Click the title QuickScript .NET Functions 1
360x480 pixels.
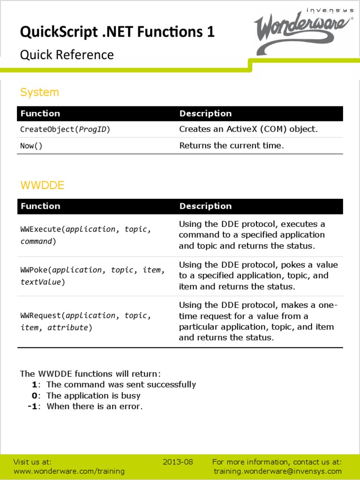pyautogui.click(x=117, y=32)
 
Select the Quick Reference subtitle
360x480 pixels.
pyautogui.click(x=67, y=55)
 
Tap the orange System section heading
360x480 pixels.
pyautogui.click(x=39, y=92)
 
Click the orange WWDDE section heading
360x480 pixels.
pyautogui.click(x=42, y=185)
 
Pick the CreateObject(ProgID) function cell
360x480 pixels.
pyautogui.click(x=65, y=129)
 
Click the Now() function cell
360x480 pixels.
pyautogui.click(x=31, y=146)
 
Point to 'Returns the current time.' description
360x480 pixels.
pyautogui.click(x=232, y=145)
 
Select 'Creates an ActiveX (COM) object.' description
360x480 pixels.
pyautogui.click(x=248, y=129)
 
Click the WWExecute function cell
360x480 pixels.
pyautogui.click(x=85, y=235)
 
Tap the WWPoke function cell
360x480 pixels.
pyautogui.click(x=92, y=276)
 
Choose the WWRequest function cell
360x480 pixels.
pyautogui.click(x=85, y=322)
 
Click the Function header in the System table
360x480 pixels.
pyautogui.click(x=40, y=113)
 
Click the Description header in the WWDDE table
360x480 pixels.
pyautogui.click(x=205, y=206)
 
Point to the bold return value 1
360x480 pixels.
pyautogui.click(x=34, y=385)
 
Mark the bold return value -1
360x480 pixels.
pyautogui.click(x=32, y=406)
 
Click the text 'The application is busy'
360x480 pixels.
pyautogui.click(x=93, y=396)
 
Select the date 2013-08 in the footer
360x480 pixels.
pyautogui.click(x=178, y=462)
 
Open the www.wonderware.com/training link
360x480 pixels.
pyautogui.click(x=69, y=471)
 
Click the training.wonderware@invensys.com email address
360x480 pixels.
pyautogui.click(x=277, y=471)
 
